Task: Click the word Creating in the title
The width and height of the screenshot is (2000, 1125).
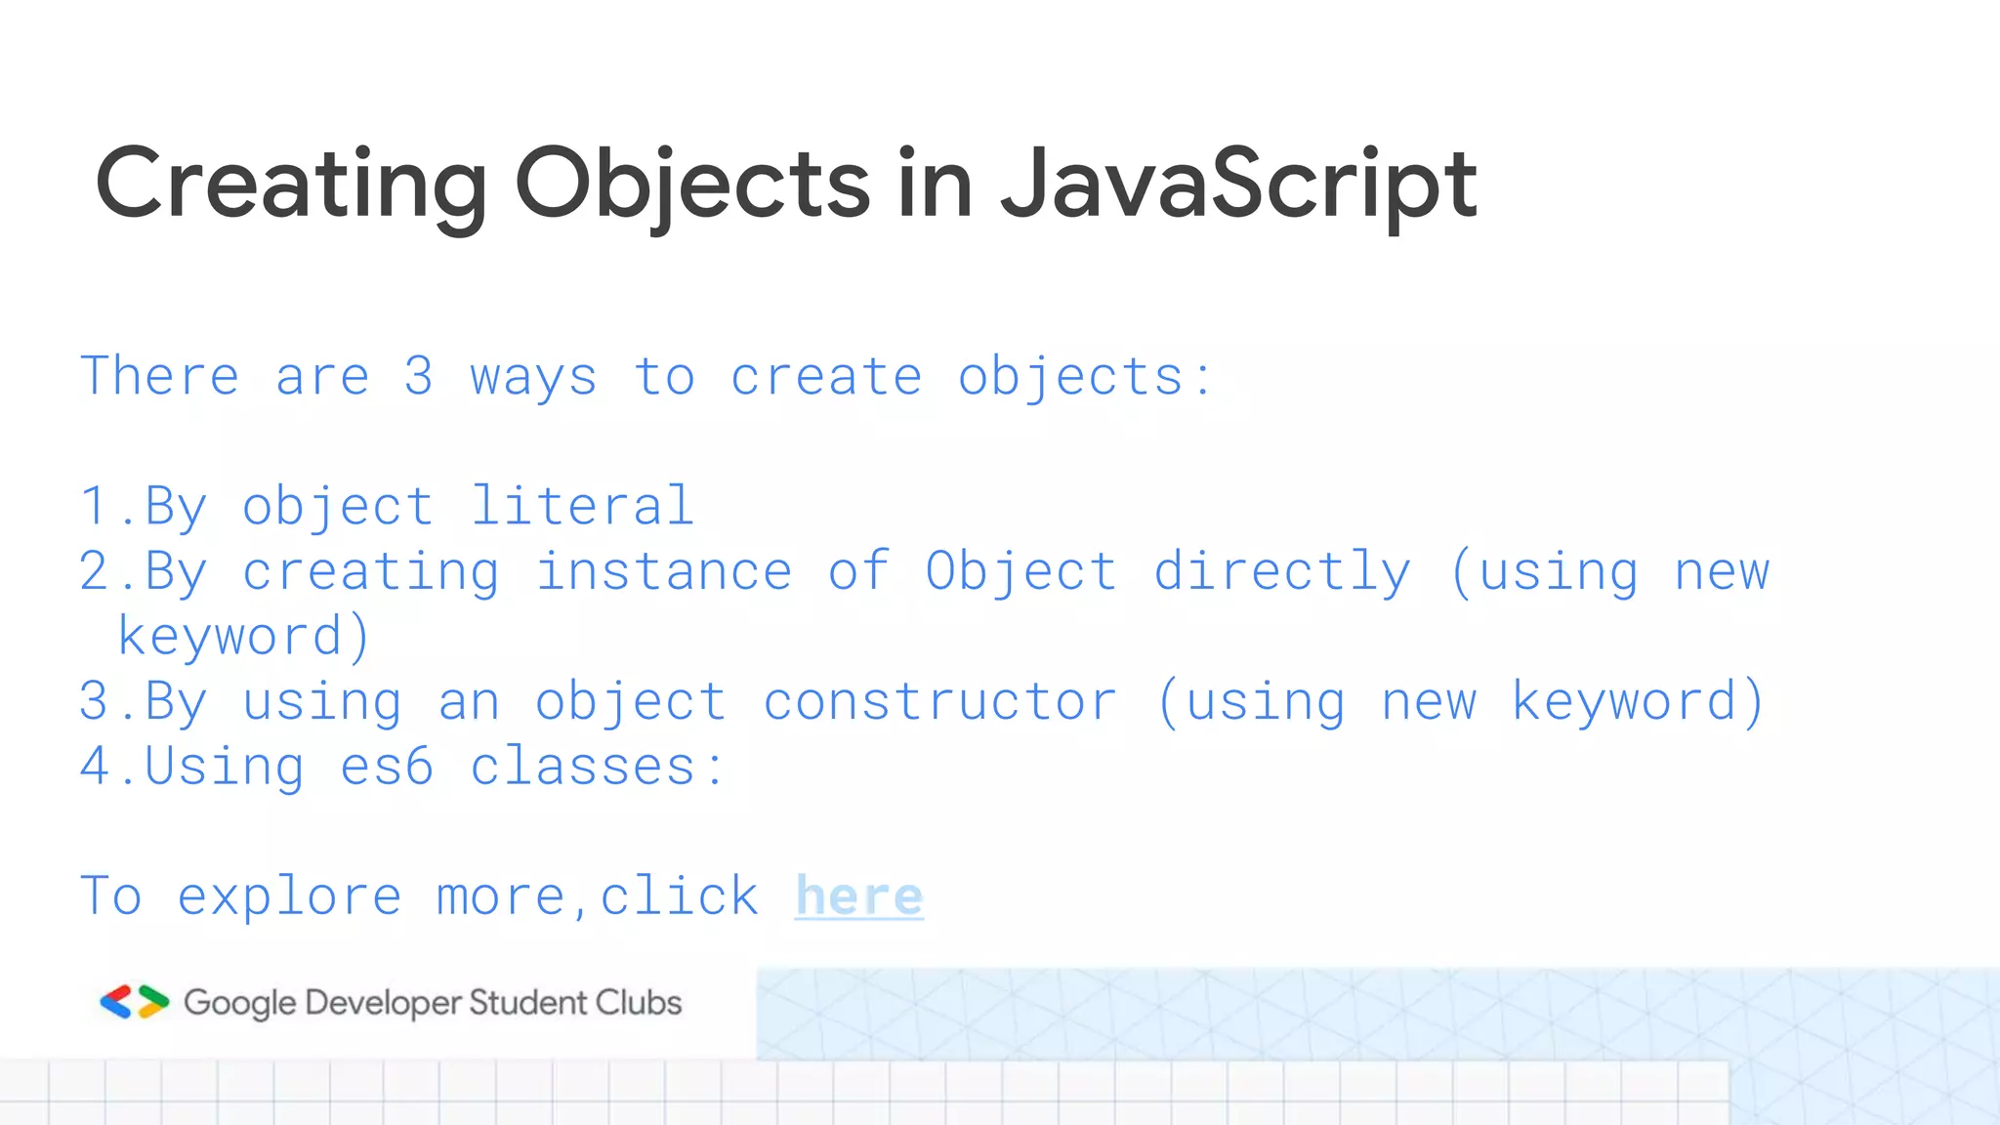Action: [x=291, y=184]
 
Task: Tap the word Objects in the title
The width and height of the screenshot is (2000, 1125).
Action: [x=691, y=184]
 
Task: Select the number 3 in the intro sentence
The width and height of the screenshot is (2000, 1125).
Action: [x=419, y=377]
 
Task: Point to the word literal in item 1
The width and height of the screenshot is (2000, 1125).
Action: [x=582, y=506]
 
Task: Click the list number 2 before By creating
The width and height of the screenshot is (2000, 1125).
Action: [x=95, y=571]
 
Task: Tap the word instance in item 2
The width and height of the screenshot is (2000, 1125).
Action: [x=663, y=571]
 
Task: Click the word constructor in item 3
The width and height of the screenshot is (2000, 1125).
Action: [x=939, y=701]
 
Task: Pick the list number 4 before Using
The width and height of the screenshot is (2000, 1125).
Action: [x=95, y=767]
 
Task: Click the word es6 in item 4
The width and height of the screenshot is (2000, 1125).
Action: [x=387, y=767]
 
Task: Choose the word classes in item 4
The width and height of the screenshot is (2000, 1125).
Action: [x=583, y=767]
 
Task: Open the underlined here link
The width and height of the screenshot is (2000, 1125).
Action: [x=858, y=896]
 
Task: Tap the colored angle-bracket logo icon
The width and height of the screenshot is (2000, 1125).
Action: [x=135, y=1002]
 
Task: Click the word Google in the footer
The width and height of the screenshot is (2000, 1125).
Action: [x=239, y=1003]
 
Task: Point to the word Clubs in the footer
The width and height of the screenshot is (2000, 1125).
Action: [x=639, y=1002]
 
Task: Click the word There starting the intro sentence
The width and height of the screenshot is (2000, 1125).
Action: [x=159, y=377]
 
